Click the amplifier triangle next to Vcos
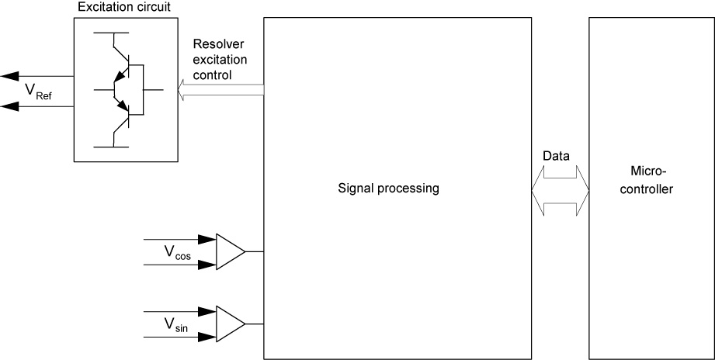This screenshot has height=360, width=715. [x=228, y=251]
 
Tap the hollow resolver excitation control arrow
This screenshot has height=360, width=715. [x=220, y=92]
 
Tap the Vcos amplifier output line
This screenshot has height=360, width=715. [x=255, y=251]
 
